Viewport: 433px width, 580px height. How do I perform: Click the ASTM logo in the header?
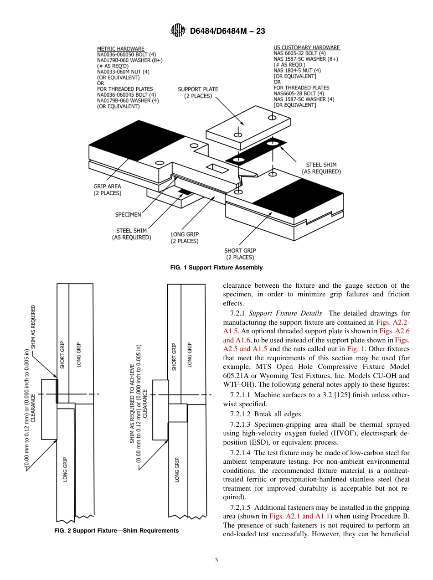click(178, 31)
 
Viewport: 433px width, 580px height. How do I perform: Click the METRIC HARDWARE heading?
click(120, 49)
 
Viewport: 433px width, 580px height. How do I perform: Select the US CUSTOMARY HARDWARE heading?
click(306, 47)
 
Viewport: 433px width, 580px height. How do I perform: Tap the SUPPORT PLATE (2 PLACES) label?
click(198, 93)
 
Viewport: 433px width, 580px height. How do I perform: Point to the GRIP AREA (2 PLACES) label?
click(107, 190)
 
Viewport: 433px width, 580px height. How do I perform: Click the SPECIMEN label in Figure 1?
click(128, 214)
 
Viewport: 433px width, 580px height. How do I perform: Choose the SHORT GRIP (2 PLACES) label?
click(240, 254)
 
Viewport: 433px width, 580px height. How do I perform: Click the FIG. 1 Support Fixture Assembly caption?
click(216, 268)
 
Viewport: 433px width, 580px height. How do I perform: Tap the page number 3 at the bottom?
click(216, 560)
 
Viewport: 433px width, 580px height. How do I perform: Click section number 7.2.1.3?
click(241, 425)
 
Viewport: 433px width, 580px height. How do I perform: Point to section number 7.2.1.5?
click(241, 507)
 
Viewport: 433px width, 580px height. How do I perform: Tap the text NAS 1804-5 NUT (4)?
click(297, 71)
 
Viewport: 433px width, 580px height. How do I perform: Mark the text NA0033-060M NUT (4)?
click(123, 72)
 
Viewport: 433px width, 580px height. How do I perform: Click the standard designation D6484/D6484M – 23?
click(227, 31)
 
